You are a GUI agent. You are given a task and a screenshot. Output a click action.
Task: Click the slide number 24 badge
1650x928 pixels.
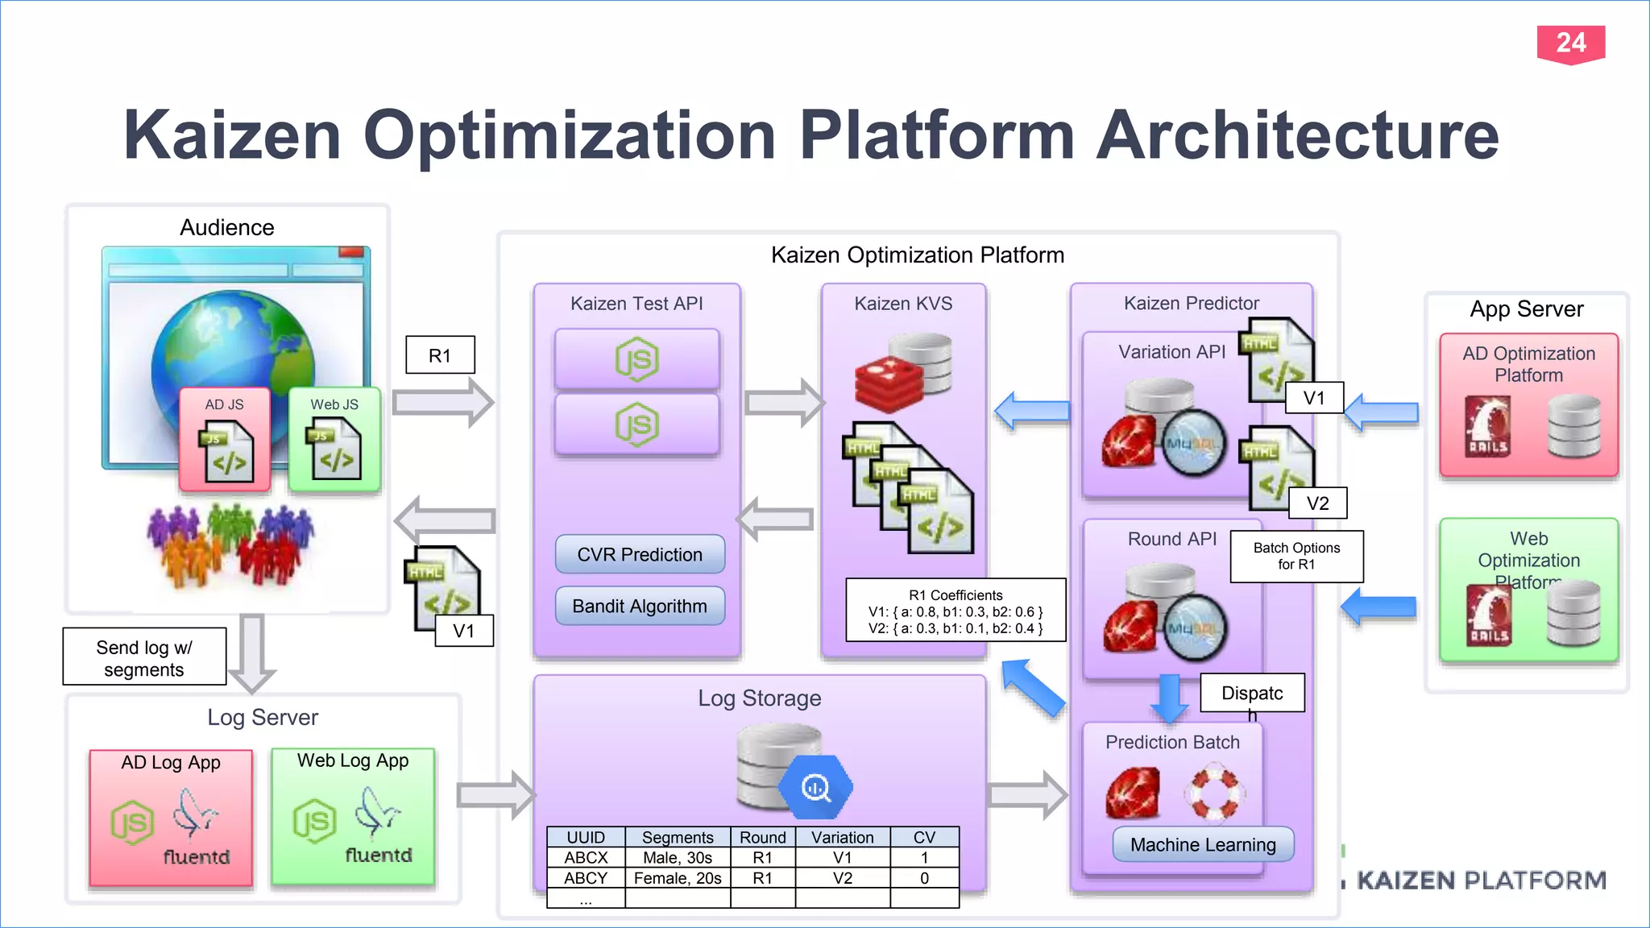[1570, 43]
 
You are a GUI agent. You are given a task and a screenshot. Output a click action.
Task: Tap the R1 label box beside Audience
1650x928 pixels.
[440, 355]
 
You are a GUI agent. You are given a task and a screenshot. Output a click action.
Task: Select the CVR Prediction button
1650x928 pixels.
[640, 554]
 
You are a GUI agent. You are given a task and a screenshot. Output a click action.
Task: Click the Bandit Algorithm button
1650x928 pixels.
[640, 606]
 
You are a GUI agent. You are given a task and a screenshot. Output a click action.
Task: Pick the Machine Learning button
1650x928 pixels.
[1203, 844]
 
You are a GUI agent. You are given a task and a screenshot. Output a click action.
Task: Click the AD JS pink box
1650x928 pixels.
[225, 440]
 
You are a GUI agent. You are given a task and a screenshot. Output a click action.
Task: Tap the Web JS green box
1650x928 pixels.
[334, 440]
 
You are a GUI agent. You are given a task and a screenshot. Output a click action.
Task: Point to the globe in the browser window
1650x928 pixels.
[234, 346]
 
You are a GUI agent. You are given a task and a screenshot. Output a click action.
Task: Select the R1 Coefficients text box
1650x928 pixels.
[956, 611]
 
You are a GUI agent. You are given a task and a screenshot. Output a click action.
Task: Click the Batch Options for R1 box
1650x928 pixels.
[1296, 556]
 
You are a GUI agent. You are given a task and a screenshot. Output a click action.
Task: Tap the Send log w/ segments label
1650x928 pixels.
[144, 657]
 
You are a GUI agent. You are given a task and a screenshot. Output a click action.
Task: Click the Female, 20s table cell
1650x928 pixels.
[678, 878]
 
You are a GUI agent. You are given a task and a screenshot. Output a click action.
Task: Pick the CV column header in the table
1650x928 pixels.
[924, 837]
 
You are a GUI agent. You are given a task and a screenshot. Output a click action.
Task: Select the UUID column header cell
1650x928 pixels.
[586, 837]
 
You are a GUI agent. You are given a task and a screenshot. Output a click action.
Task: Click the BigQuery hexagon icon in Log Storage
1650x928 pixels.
[816, 786]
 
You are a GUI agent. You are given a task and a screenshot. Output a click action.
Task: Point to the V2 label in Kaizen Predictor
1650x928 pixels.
[1317, 503]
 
